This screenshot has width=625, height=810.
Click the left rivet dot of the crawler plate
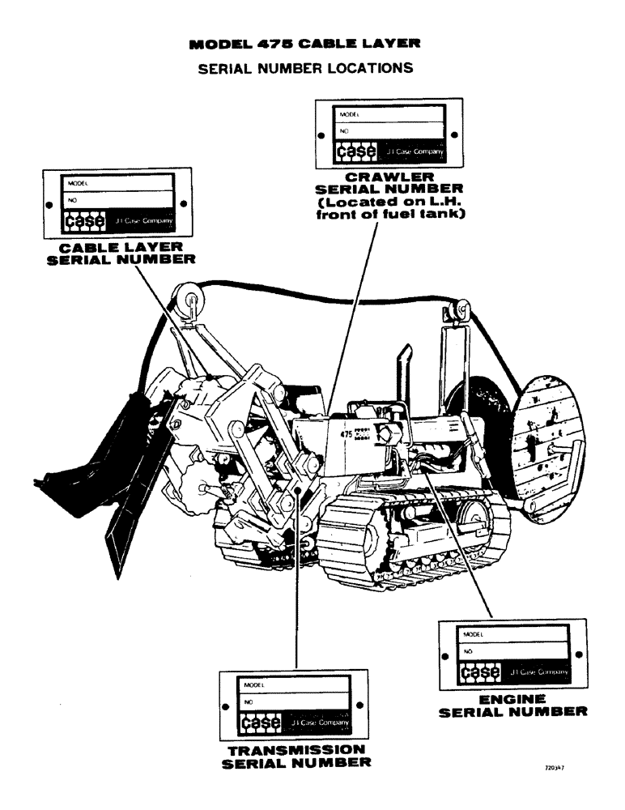pyautogui.click(x=321, y=135)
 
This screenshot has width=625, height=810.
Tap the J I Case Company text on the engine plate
pyautogui.click(x=540, y=671)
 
